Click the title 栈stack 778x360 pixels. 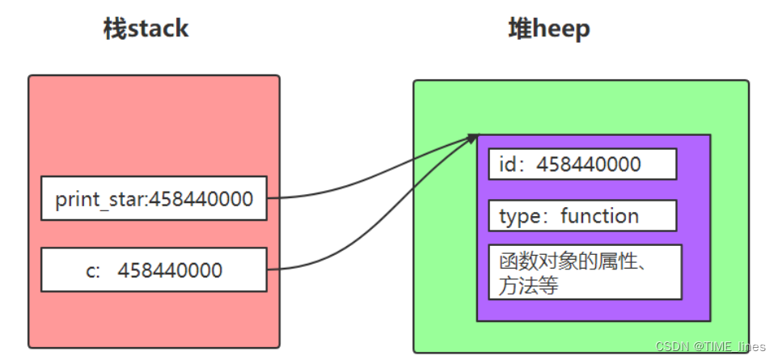tap(146, 29)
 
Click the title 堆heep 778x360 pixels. tap(549, 29)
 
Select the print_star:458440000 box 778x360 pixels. tap(154, 198)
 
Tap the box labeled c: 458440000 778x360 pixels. tap(154, 269)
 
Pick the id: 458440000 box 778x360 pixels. tap(582, 164)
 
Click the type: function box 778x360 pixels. tap(582, 216)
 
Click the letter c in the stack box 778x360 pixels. tap(90, 270)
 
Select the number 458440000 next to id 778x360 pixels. tap(589, 164)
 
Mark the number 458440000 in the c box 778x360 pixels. tap(170, 270)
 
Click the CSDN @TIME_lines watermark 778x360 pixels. tap(710, 347)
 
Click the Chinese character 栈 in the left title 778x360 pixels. tap(114, 29)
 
